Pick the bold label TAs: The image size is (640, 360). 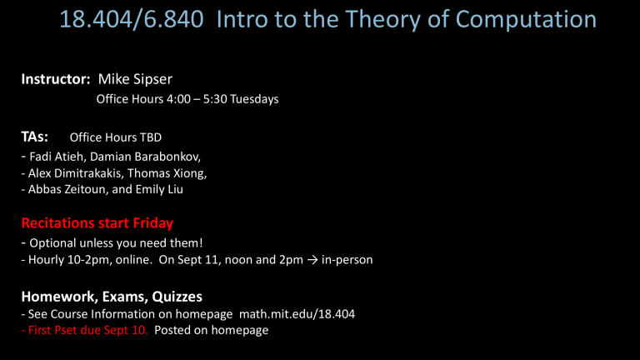pyautogui.click(x=35, y=136)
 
